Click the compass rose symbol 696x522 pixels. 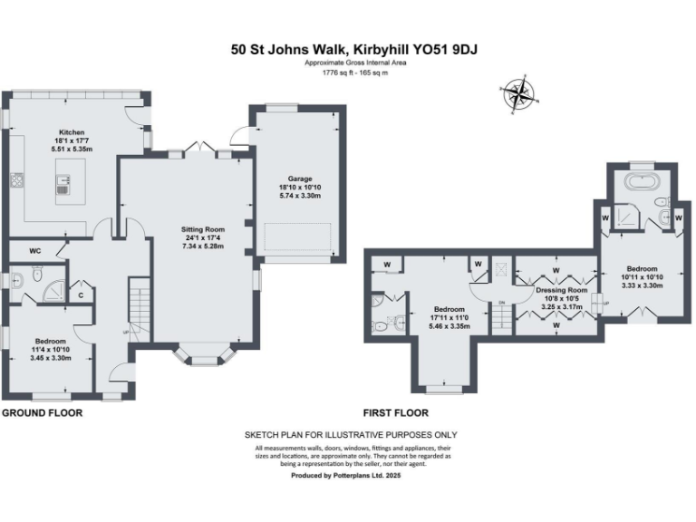point(518,93)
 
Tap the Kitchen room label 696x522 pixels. point(72,131)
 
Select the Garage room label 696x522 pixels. point(295,179)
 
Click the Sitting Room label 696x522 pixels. point(203,229)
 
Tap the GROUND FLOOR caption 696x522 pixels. point(42,412)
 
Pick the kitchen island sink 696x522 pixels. point(63,186)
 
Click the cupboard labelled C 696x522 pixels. point(81,295)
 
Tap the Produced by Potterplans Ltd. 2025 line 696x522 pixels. point(345,475)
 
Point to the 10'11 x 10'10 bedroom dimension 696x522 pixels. point(642,276)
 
